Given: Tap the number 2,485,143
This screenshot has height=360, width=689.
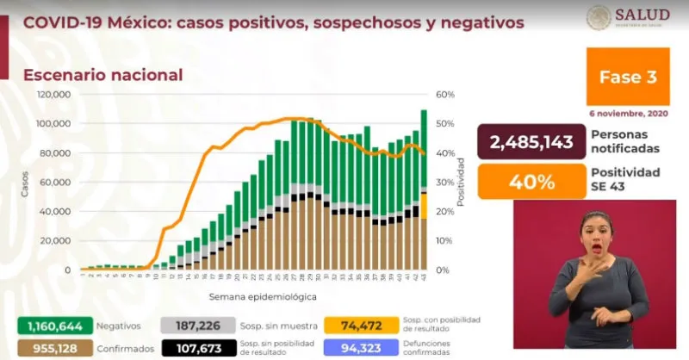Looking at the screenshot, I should [531, 142].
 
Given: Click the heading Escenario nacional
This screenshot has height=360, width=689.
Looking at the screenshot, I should [102, 75].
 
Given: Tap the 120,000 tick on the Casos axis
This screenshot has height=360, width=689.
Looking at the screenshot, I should [53, 94].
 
